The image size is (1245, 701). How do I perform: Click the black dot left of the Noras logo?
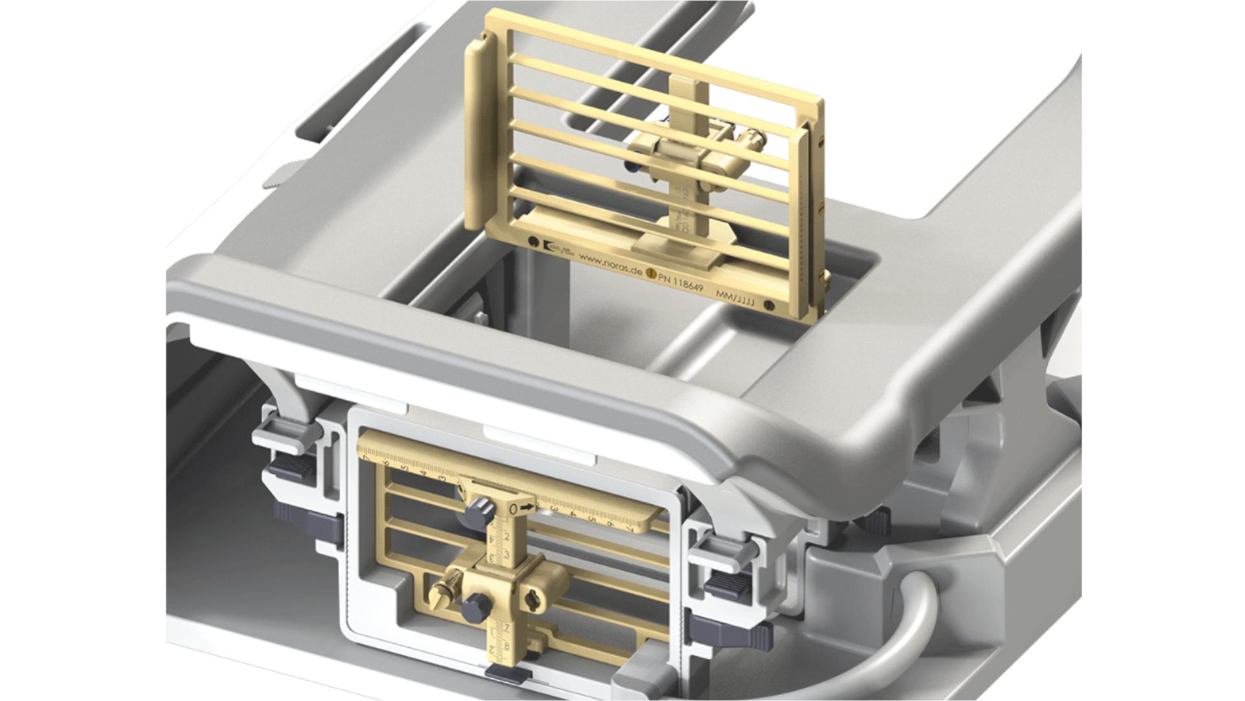pos(533,241)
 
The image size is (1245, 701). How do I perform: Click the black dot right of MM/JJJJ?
pos(770,305)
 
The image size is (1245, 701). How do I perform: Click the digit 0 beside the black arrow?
pos(513,509)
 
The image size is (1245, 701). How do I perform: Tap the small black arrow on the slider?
pos(528,506)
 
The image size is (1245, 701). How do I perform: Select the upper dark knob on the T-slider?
pos(481,508)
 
